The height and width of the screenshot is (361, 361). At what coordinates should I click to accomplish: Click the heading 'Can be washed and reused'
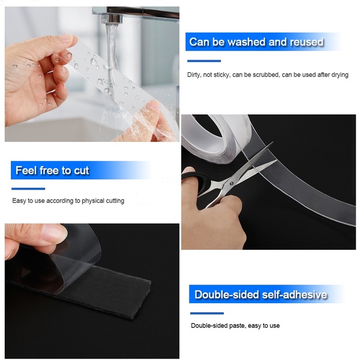[256, 42]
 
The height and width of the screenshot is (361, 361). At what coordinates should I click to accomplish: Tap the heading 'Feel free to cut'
[52, 171]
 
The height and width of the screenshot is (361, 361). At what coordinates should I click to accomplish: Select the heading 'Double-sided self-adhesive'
[261, 295]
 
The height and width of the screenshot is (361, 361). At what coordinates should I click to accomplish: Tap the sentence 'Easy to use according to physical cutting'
[68, 201]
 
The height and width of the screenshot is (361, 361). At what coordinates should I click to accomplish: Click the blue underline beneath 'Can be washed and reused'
[204, 61]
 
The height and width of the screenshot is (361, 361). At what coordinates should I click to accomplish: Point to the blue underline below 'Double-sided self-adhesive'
[207, 313]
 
